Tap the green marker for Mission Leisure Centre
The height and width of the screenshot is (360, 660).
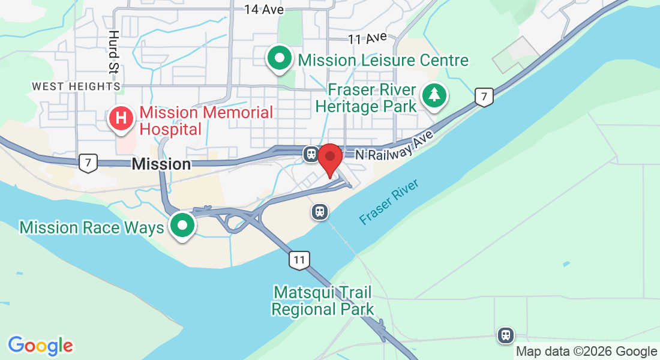tap(280, 59)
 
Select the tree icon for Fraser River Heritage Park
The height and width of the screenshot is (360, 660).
tap(434, 96)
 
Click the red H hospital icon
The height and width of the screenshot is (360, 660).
tap(122, 118)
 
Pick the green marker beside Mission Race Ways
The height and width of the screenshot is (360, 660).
tap(182, 226)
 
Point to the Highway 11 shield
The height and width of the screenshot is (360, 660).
tap(299, 260)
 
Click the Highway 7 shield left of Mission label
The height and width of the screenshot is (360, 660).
tap(88, 162)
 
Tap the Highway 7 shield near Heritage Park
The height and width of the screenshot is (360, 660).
tap(484, 97)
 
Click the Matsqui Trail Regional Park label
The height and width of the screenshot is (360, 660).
tap(323, 301)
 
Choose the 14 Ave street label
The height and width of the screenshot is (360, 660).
tap(264, 10)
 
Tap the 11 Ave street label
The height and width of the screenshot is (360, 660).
tap(367, 38)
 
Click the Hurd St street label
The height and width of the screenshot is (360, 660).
tap(113, 52)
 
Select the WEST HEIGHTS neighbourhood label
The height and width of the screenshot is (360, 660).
tap(76, 86)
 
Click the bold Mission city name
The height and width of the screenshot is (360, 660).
tap(161, 163)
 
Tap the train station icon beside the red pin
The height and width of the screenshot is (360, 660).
tap(311, 154)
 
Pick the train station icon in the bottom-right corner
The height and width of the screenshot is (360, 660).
tap(506, 335)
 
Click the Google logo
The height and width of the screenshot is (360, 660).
tap(40, 346)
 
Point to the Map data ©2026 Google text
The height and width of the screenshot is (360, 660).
tap(586, 352)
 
